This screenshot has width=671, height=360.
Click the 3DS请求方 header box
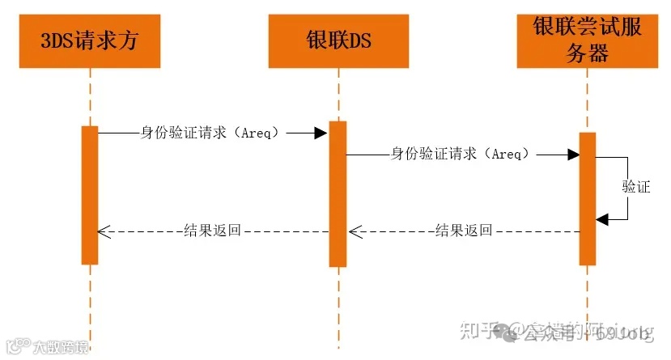coord(90,41)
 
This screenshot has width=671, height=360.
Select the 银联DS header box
coord(338,41)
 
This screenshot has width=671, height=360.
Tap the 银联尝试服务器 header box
coord(587,41)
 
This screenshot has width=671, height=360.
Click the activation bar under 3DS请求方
coord(90,194)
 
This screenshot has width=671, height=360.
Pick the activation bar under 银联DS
coord(338,194)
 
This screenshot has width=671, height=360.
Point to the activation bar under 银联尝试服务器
coord(588,198)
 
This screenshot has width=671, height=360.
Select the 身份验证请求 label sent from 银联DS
coord(461,153)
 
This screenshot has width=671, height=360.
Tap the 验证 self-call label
coord(636,187)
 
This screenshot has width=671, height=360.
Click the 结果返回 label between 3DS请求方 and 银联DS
coord(213,231)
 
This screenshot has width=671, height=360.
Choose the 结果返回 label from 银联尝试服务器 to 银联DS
coord(464,231)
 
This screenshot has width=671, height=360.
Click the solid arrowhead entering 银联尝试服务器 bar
coord(572,154)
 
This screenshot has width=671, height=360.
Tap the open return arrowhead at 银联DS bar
coord(354,231)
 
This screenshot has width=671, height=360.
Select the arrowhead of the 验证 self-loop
coord(602,218)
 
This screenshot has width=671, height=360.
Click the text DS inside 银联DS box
coord(361,41)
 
